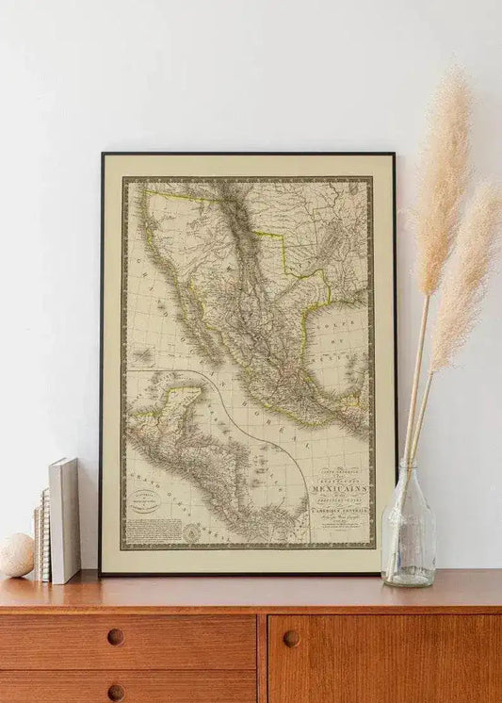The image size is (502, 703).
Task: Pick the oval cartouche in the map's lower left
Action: coord(144,504)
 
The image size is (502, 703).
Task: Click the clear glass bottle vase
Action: coord(408,533)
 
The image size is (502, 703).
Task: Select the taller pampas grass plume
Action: coord(440,179)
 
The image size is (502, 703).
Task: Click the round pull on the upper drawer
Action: coord(115,637)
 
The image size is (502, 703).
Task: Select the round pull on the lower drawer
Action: coord(115,692)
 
